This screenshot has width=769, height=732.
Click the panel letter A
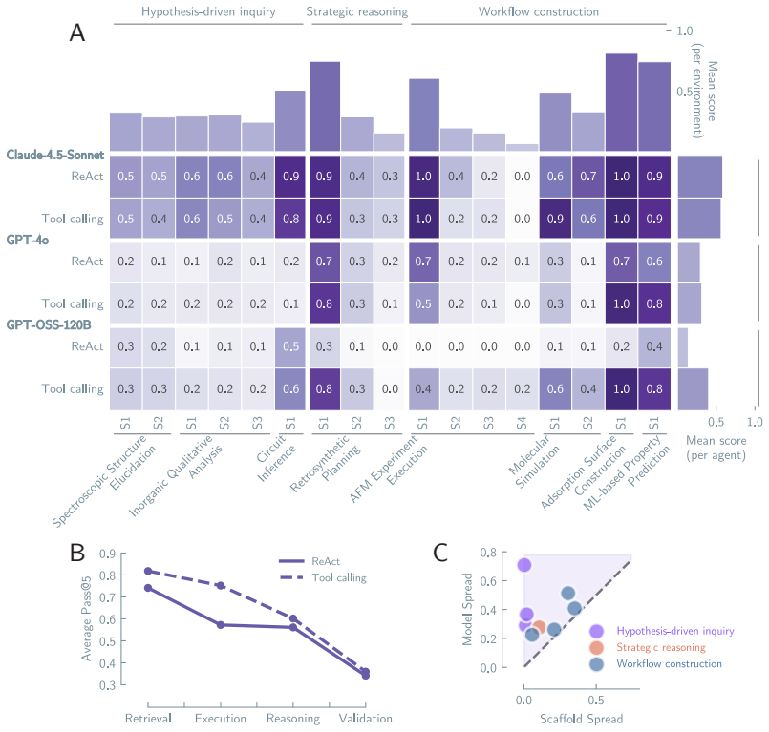(x=77, y=33)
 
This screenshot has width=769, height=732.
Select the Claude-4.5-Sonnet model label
(x=55, y=155)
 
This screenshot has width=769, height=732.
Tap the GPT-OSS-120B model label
(x=49, y=324)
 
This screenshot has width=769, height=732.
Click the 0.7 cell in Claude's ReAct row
(x=588, y=177)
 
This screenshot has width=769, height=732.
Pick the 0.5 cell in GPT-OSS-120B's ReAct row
(x=290, y=346)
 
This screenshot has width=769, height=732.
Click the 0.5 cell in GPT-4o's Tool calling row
(x=423, y=303)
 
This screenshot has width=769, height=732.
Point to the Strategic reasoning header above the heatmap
(x=357, y=11)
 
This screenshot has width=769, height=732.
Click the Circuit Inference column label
(x=276, y=457)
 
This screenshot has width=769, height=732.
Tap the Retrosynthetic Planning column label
(x=324, y=464)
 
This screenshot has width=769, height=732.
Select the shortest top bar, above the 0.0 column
(x=523, y=148)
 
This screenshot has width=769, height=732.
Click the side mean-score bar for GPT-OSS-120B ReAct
(x=683, y=347)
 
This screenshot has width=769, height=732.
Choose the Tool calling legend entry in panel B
(x=339, y=577)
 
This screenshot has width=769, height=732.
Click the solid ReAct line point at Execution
(x=221, y=625)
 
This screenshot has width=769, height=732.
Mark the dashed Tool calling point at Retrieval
(x=148, y=571)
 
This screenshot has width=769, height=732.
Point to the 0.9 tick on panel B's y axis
(x=107, y=554)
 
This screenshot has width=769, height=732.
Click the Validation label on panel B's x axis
(x=365, y=719)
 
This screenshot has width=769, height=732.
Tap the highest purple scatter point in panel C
(x=524, y=565)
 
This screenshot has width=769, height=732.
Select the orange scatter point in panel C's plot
(x=539, y=627)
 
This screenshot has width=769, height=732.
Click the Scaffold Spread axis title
(x=581, y=719)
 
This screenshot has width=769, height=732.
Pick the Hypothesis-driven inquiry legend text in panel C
(x=675, y=631)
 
